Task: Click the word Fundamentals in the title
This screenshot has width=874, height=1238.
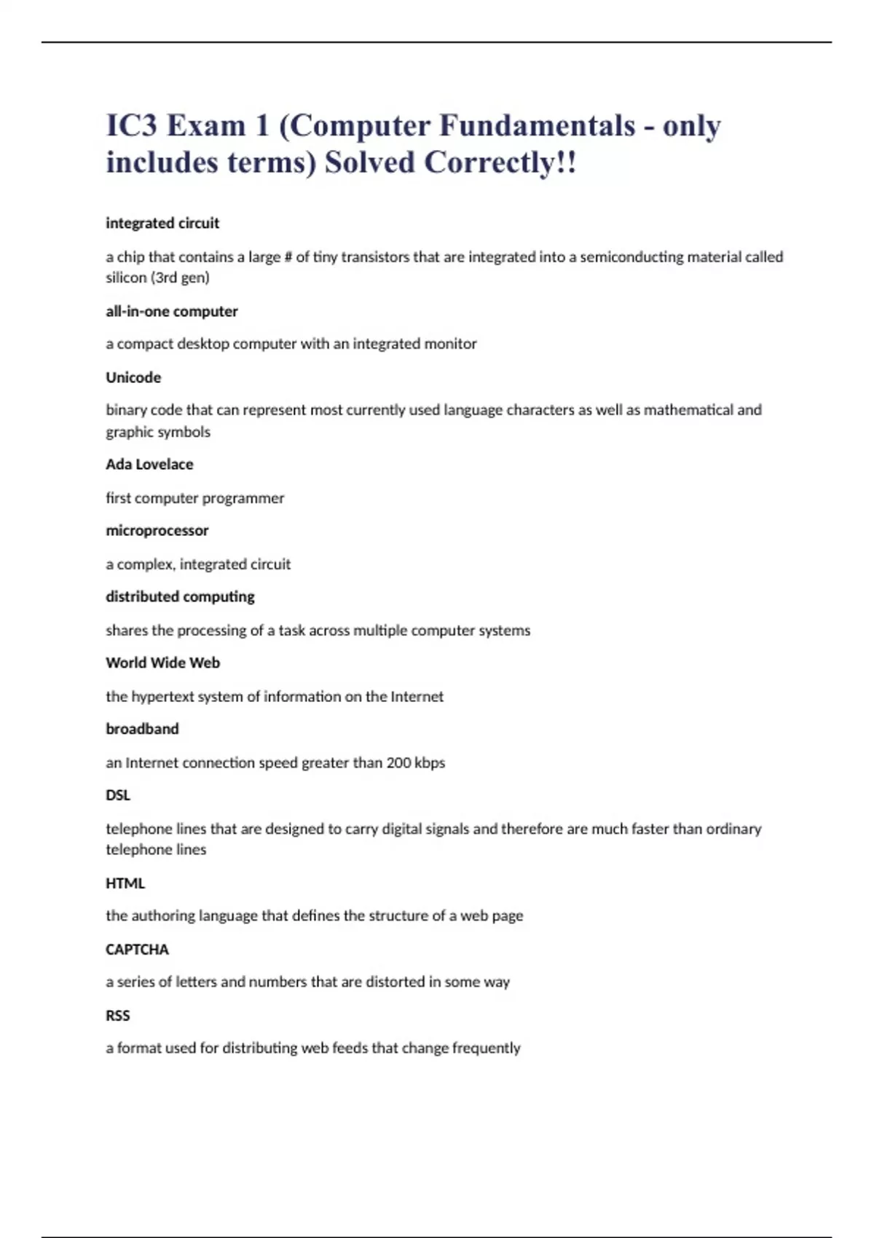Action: pos(537,126)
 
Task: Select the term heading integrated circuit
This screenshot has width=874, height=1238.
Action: pos(162,224)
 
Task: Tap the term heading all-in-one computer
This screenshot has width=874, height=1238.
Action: pos(172,312)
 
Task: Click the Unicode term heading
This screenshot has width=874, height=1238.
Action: pos(133,378)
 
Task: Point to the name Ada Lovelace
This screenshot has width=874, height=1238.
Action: pos(149,465)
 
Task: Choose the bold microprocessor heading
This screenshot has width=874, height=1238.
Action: pos(157,531)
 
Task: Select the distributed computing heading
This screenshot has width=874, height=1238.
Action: pos(180,597)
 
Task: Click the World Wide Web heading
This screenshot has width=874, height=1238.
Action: pos(162,663)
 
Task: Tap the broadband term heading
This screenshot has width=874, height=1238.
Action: pos(142,729)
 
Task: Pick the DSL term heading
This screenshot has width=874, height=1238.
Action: pos(118,795)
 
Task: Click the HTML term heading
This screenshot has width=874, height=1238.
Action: pos(125,883)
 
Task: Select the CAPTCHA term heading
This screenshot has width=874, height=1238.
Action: pos(137,950)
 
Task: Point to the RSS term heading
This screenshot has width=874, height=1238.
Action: pos(118,1016)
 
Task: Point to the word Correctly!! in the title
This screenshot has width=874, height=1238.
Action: pos(500,162)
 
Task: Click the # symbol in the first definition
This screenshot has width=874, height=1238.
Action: pos(288,257)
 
